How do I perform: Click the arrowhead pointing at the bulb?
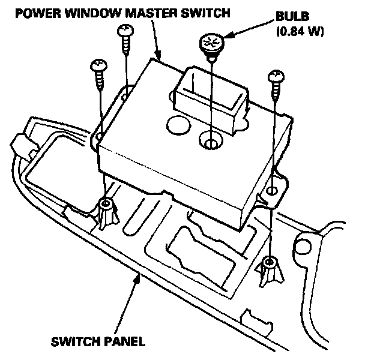point(222,39)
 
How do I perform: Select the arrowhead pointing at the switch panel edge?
point(140,277)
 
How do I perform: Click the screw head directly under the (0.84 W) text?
point(276,74)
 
